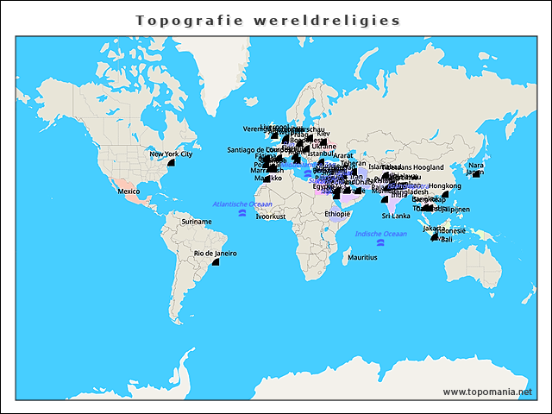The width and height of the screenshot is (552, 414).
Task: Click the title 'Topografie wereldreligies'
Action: click(x=268, y=20)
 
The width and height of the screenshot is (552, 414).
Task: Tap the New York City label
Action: click(x=170, y=154)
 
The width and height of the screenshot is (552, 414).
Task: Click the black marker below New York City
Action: click(x=171, y=162)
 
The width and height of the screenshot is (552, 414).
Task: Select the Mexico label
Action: click(x=129, y=191)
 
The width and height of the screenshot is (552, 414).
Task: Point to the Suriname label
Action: click(x=196, y=222)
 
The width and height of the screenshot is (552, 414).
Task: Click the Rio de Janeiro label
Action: click(x=215, y=253)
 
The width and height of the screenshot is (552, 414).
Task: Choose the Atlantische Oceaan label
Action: click(x=242, y=204)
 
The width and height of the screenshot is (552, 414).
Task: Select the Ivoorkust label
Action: click(x=270, y=216)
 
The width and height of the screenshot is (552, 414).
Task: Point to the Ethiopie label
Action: click(x=337, y=214)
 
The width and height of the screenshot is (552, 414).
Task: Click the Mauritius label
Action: click(x=362, y=257)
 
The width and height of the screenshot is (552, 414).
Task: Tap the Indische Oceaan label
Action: click(x=380, y=234)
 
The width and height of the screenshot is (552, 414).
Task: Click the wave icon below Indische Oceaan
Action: click(x=380, y=242)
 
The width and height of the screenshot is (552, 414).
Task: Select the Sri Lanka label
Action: click(x=396, y=216)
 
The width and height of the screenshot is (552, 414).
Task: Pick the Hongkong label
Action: click(x=444, y=185)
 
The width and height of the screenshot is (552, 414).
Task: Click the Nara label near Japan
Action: click(x=475, y=164)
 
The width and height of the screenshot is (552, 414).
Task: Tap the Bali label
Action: click(x=446, y=240)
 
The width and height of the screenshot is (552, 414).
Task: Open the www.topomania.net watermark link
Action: click(x=493, y=392)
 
